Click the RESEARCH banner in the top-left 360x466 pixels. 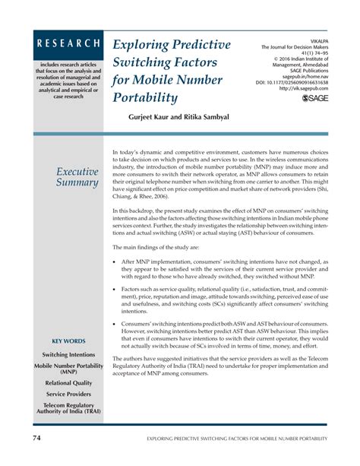tap(68, 44)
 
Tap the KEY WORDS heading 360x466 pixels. tap(68, 341)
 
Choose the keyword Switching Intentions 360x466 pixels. tap(68, 355)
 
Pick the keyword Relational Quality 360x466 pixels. tap(68, 383)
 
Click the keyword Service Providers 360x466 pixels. tap(68, 395)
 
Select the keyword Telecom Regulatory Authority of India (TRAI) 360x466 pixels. tap(68, 410)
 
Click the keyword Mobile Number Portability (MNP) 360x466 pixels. tap(68, 369)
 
